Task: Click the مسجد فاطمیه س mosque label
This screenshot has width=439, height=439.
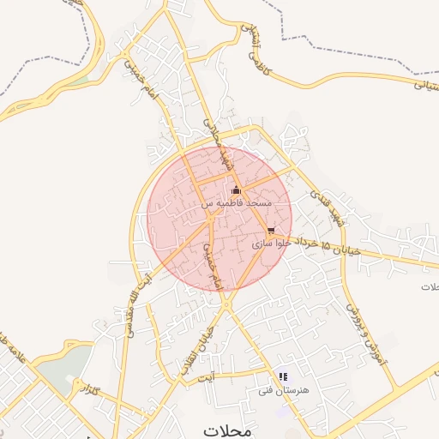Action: pyautogui.click(x=237, y=203)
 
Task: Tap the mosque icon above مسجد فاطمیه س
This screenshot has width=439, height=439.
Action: pyautogui.click(x=237, y=190)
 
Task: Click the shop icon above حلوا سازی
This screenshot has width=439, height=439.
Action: pyautogui.click(x=271, y=231)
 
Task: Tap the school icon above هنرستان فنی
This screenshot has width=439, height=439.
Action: pyautogui.click(x=283, y=376)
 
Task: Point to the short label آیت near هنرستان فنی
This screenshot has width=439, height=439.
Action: pyautogui.click(x=205, y=376)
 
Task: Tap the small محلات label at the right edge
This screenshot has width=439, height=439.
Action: pyautogui.click(x=429, y=286)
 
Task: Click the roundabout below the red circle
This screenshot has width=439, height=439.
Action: pyautogui.click(x=227, y=304)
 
